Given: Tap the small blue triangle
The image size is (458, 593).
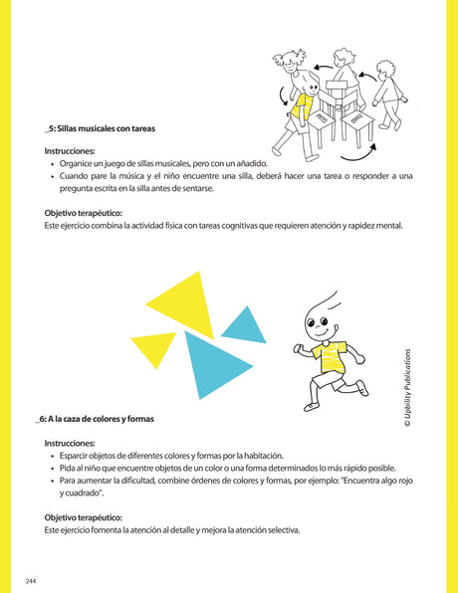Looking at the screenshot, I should pyautogui.click(x=244, y=326).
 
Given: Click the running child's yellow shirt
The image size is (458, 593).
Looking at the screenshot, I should pyautogui.click(x=329, y=354).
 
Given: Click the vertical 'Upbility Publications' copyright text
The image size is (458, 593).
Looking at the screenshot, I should pyautogui.click(x=407, y=377).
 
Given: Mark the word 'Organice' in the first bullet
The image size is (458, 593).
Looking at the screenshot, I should pyautogui.click(x=81, y=162).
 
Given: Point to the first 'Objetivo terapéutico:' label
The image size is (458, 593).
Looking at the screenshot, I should pyautogui.click(x=84, y=213).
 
